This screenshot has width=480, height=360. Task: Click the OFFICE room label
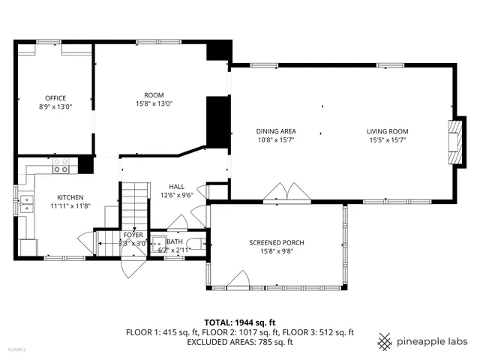55,98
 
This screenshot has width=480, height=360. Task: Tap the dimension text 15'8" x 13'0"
154,103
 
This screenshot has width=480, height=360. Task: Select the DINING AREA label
276,131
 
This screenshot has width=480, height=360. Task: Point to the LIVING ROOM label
388,131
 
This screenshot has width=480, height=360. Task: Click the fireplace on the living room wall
454,140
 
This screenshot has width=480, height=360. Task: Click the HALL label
176,187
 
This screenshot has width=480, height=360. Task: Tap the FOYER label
133,235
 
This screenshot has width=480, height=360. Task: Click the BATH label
175,241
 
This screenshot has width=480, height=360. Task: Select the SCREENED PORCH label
276,243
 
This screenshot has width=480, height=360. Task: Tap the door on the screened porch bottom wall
239,280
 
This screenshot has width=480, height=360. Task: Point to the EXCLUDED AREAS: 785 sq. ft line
240,342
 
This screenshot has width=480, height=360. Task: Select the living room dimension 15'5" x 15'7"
388,139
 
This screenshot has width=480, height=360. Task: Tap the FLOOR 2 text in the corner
16,349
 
